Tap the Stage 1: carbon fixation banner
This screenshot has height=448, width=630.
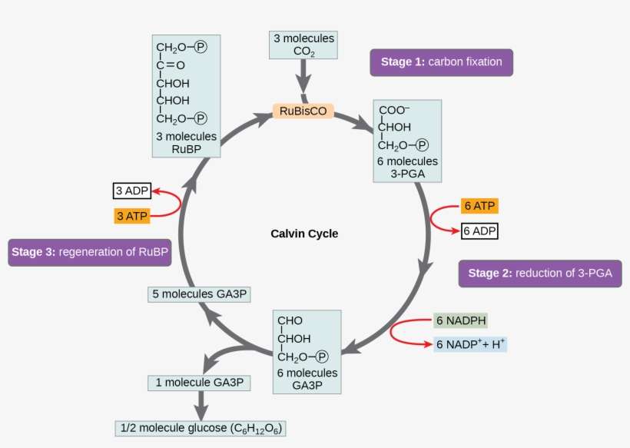click(x=441, y=62)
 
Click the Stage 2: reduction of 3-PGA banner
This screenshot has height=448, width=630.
click(x=540, y=274)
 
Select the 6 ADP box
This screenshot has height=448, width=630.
click(x=480, y=230)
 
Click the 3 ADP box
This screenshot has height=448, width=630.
click(x=131, y=191)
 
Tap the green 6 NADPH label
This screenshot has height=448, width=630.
click(x=461, y=320)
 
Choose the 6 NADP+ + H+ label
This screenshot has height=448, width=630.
click(x=471, y=344)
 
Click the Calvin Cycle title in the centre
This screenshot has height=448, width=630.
click(x=304, y=234)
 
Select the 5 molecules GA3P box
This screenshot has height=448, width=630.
click(x=199, y=294)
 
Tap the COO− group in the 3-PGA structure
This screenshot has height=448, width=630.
click(x=394, y=111)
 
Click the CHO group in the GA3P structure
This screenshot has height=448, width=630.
click(x=290, y=320)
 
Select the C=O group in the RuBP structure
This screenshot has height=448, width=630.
click(x=171, y=65)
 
